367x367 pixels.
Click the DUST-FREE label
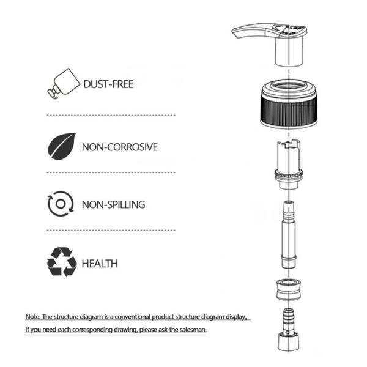pos(108,84)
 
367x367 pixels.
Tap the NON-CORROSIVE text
pos(120,147)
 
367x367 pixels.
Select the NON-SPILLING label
pos(114,204)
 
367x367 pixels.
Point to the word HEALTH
pos(100,264)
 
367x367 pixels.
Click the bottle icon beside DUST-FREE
pos(64,84)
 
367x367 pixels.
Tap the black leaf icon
pos(62,147)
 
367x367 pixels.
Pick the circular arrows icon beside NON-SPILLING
pos(61,204)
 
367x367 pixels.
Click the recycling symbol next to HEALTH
pos(62,262)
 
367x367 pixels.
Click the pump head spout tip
pos(235,34)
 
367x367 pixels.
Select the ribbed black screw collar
pos(289,103)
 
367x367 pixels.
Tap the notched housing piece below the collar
pos(289,164)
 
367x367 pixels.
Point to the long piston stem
pos(289,234)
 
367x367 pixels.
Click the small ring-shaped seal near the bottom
pos(289,289)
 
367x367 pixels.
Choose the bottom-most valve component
pos(289,330)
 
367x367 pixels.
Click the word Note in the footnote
pos(33,317)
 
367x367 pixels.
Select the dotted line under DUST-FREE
pos(111,115)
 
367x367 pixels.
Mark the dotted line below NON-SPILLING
pos(111,230)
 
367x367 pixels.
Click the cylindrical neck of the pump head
pos(289,51)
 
